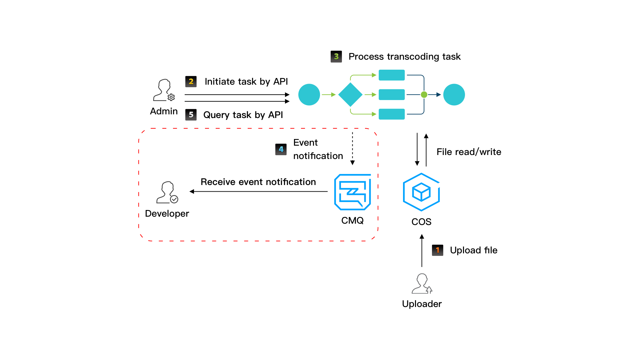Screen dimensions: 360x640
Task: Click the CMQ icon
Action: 352,192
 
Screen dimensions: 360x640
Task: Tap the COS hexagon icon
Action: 421,192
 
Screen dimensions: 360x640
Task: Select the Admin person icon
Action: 164,90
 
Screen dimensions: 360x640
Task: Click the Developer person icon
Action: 167,192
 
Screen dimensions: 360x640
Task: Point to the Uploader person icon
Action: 422,284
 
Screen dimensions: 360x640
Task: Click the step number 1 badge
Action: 437,250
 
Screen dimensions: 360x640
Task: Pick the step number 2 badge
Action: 191,82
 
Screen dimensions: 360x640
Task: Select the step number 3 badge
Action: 336,57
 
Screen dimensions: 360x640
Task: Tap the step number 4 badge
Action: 281,149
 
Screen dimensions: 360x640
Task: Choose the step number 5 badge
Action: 191,115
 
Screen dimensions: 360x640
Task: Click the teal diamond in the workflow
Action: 350,95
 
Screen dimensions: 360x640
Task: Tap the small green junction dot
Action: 424,95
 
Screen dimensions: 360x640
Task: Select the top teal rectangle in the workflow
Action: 392,75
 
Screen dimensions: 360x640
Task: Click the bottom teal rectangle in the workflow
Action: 392,114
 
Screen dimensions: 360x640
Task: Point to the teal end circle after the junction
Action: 454,95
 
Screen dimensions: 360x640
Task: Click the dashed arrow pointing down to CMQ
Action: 352,148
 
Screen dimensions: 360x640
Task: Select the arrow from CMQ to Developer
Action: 258,191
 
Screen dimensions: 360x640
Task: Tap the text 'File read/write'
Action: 469,152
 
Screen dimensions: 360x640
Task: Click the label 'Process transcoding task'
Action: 404,57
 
